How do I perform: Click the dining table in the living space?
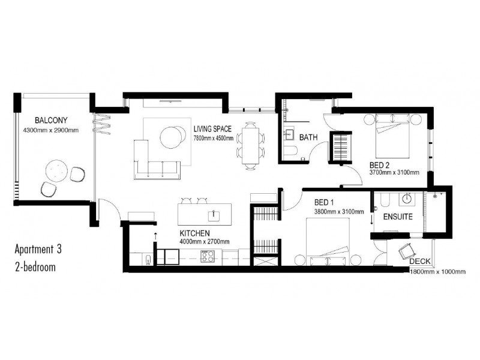tap(251, 143)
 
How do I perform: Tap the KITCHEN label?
tap(194, 233)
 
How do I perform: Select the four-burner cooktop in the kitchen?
tap(208, 257)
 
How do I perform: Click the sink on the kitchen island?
tap(212, 213)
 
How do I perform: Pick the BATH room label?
tap(308, 137)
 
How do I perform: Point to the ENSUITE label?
tap(397, 217)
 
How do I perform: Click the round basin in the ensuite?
tap(408, 199)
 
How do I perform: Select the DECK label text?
tap(421, 262)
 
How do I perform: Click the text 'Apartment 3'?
tap(38, 248)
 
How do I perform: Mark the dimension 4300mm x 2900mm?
tap(50, 130)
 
